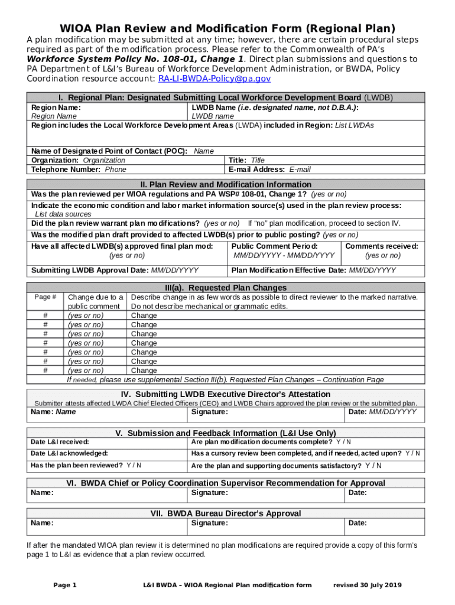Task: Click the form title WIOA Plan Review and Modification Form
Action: pyautogui.click(x=227, y=28)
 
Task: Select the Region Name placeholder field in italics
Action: pyautogui.click(x=54, y=116)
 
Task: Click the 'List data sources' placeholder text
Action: pyautogui.click(x=63, y=214)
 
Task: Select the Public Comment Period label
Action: pyautogui.click(x=275, y=246)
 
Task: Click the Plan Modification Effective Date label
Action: pyautogui.click(x=289, y=271)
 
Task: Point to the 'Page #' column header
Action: pyautogui.click(x=45, y=297)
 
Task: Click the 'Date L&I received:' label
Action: pyautogui.click(x=60, y=441)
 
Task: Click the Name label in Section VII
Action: pyautogui.click(x=42, y=523)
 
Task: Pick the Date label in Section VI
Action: pyautogui.click(x=357, y=492)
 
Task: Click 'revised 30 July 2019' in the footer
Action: pyautogui.click(x=367, y=585)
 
